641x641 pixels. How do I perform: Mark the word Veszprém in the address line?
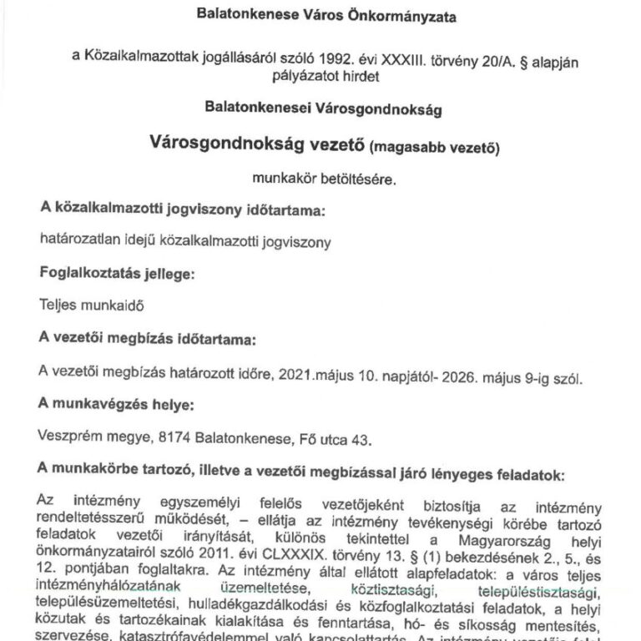pos(68,437)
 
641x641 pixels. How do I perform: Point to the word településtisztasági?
pos(541,592)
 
